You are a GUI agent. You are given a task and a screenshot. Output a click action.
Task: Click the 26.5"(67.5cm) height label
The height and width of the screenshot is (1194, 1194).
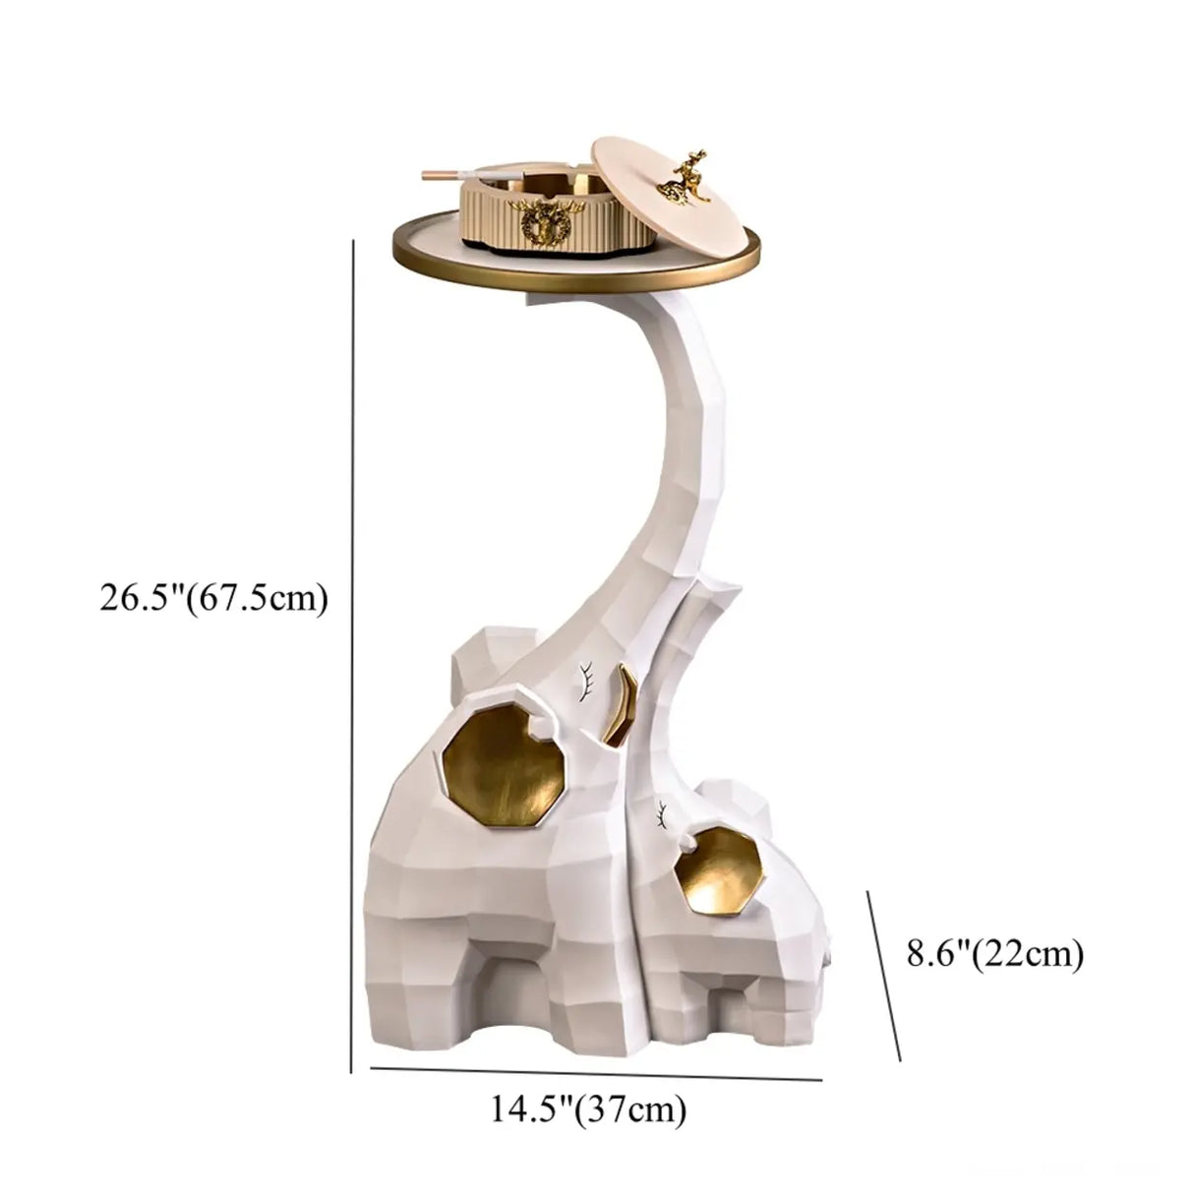coord(212,597)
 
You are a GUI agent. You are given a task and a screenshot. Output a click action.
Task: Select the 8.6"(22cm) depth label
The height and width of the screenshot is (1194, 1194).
coord(995,954)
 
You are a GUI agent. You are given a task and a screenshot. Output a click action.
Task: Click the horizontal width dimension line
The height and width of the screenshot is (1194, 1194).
coord(595,1074)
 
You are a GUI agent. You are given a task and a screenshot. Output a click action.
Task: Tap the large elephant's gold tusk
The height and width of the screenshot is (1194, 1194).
coord(627,703)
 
